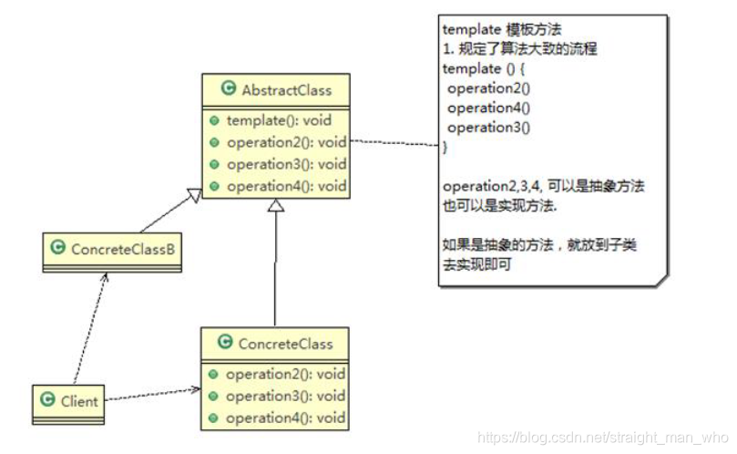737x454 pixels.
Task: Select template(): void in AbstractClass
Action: pyautogui.click(x=279, y=120)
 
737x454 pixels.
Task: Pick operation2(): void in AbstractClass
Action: pyautogui.click(x=286, y=142)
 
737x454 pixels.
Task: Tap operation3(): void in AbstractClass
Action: pyautogui.click(x=286, y=164)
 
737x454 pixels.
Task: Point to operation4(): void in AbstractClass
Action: pyautogui.click(x=286, y=186)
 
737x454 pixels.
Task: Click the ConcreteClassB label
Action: pyautogui.click(x=122, y=248)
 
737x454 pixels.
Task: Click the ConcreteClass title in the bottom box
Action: pyautogui.click(x=285, y=344)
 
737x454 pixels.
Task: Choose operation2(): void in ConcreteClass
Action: pyautogui.click(x=285, y=374)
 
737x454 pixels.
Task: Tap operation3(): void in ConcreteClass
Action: pyautogui.click(x=285, y=396)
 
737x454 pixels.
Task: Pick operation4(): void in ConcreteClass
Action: pyautogui.click(x=285, y=418)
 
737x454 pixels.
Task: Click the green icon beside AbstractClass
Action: pyautogui.click(x=228, y=89)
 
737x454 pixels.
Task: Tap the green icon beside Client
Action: pyautogui.click(x=48, y=399)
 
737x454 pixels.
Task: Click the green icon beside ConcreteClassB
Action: pyautogui.click(x=57, y=248)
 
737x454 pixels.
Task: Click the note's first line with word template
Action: pyautogui.click(x=494, y=29)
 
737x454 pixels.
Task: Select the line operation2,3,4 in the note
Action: pyautogui.click(x=543, y=186)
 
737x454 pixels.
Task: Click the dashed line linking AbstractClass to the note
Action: pyautogui.click(x=394, y=143)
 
